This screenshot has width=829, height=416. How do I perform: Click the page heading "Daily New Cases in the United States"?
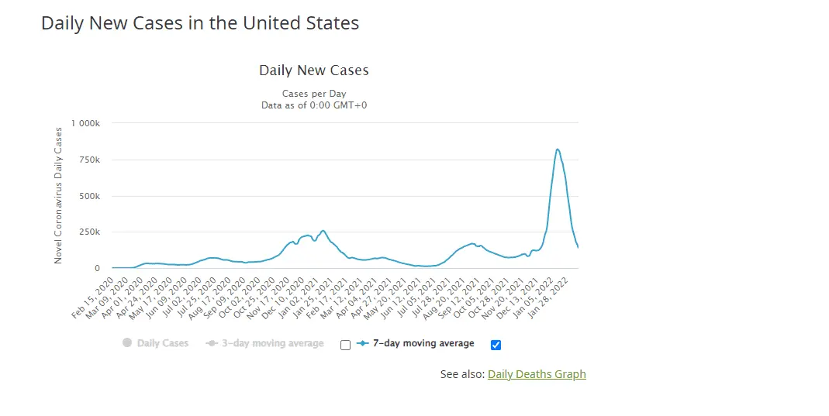[x=200, y=23]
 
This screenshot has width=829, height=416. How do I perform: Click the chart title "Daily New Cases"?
[x=314, y=70]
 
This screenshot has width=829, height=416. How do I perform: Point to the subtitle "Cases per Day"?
[x=314, y=94]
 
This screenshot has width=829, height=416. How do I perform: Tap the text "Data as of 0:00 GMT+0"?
[x=314, y=105]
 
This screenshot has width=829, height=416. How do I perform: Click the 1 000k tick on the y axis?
[x=86, y=123]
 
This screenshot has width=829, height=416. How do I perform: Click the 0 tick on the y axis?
[x=97, y=268]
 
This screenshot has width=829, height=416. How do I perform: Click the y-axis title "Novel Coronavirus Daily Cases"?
[x=58, y=195]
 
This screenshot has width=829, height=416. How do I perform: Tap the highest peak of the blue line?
[x=558, y=150]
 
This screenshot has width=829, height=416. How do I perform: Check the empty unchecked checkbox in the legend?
[x=346, y=345]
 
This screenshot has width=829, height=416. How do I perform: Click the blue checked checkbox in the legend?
[x=496, y=344]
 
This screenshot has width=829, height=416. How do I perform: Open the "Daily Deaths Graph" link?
[x=537, y=374]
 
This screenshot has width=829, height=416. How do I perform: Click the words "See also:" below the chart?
[x=462, y=374]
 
